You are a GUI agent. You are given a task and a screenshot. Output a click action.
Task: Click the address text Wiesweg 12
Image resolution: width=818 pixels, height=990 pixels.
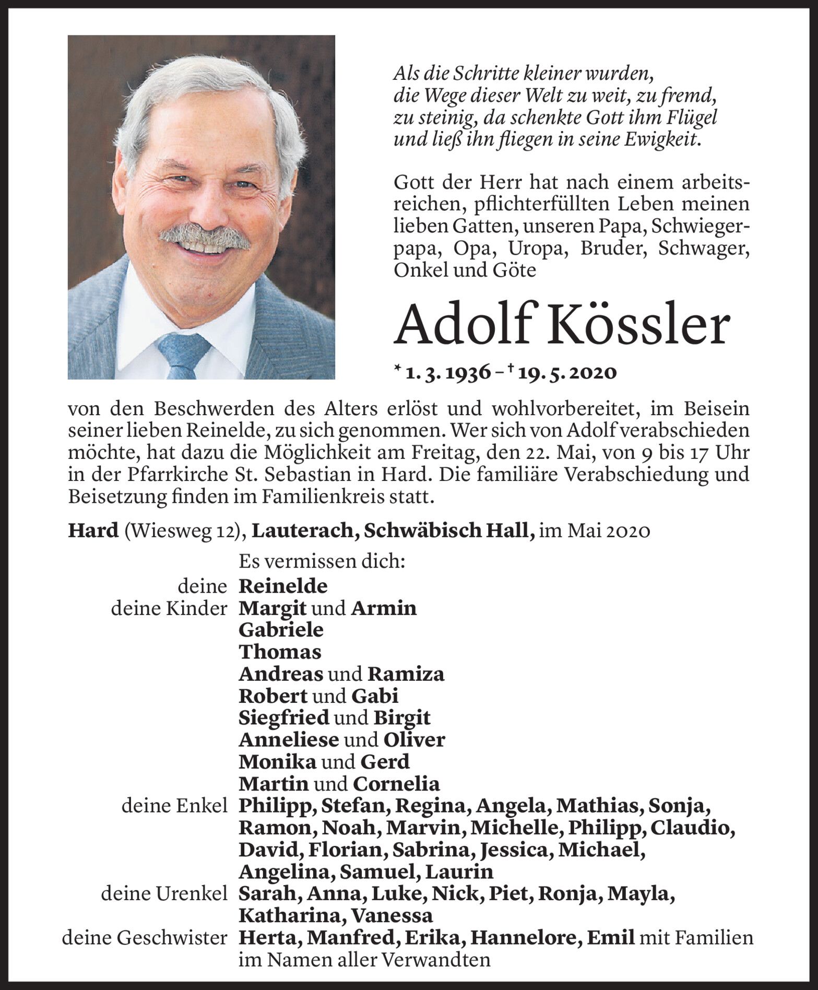point(184,531)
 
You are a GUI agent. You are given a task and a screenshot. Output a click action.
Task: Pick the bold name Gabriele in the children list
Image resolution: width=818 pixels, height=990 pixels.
point(281,630)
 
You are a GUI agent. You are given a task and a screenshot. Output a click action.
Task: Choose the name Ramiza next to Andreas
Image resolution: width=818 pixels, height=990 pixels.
point(406,674)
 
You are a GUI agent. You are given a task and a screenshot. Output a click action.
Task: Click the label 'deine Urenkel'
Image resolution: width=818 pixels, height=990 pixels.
point(164,894)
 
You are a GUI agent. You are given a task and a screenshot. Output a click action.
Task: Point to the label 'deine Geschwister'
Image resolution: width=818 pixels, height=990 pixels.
point(145,938)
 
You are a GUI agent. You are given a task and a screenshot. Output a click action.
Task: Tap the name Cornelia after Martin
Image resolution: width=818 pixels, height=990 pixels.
point(396,784)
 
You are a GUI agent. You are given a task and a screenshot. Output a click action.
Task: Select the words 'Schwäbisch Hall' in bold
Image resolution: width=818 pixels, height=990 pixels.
point(449,531)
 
